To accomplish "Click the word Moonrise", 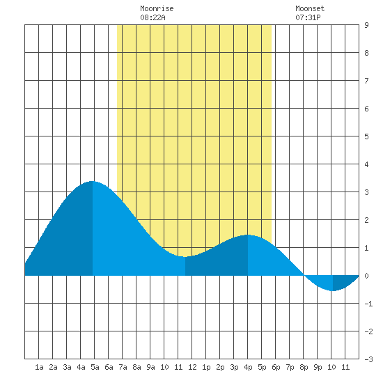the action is [157, 8].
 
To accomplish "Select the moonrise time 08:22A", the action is [153, 17].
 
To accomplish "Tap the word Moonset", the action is [310, 8].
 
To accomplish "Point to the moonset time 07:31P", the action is [308, 17].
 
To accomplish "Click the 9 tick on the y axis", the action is [366, 25].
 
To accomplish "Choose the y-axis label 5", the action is [366, 136].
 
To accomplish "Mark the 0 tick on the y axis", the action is [366, 276].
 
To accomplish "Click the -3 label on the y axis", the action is [368, 359].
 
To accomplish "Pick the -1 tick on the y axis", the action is [368, 304].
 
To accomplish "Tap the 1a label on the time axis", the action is [39, 367].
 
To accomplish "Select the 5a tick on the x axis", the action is [95, 367].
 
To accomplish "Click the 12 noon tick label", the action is [192, 367].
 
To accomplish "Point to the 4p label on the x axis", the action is [248, 367].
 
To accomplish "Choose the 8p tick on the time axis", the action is [304, 367].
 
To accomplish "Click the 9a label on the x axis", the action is [150, 367].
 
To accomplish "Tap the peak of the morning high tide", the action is [92, 181].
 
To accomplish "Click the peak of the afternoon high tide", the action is [247, 235].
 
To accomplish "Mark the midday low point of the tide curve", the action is [185, 257].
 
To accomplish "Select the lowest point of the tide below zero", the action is [333, 291].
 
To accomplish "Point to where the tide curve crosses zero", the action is [304, 276].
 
